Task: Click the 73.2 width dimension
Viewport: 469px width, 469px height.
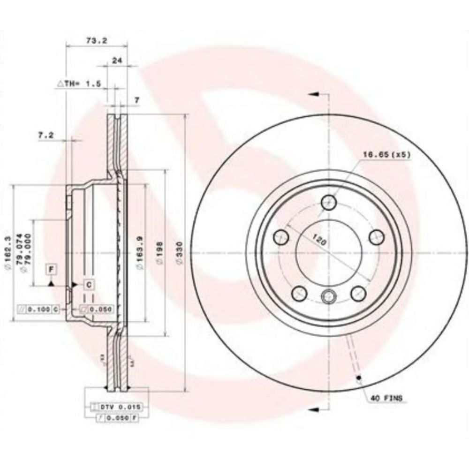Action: coord(97,41)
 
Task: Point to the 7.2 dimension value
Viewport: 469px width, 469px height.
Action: coord(46,135)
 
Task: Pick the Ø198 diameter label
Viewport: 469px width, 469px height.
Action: coord(159,254)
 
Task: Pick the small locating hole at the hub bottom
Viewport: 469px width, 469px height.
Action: coord(329,296)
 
